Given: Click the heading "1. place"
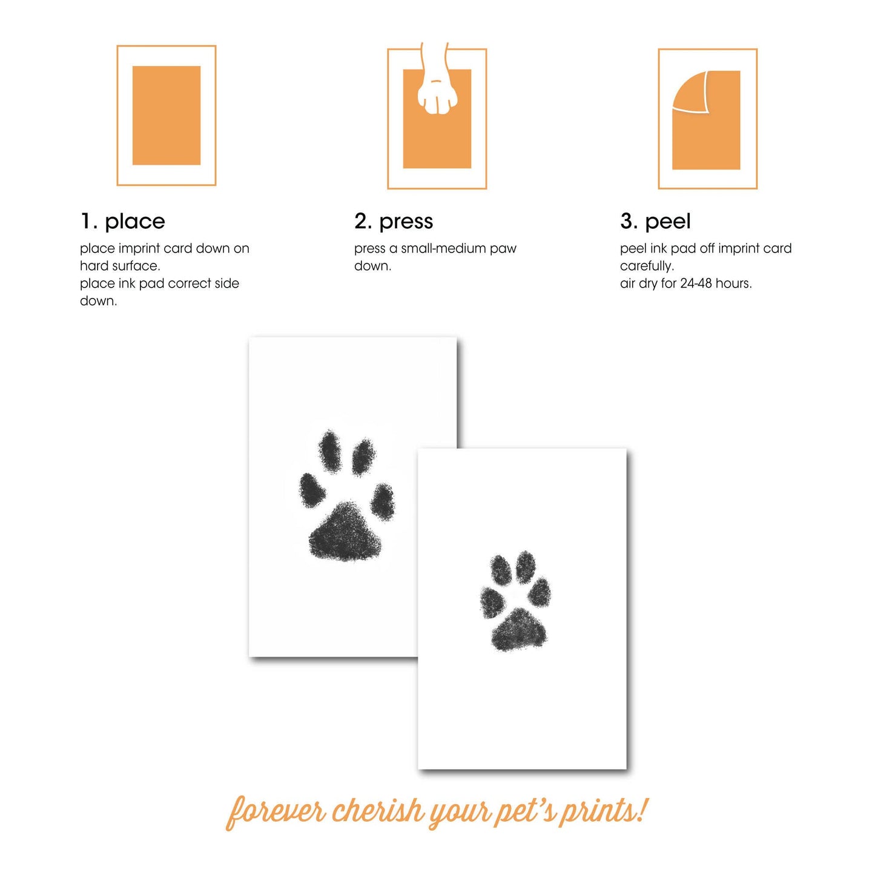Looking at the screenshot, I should click(122, 222).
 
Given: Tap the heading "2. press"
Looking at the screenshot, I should click(394, 222).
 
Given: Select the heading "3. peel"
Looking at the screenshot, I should click(655, 222).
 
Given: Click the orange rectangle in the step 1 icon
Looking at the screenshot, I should click(167, 115).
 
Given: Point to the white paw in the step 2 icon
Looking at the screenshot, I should click(437, 91).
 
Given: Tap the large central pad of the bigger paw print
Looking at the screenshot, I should click(346, 533).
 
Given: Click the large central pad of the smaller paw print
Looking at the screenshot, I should click(518, 631).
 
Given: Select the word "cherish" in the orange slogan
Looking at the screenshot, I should click(378, 811).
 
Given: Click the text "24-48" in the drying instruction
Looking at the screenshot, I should click(696, 283).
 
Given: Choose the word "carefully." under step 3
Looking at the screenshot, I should click(647, 266).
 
